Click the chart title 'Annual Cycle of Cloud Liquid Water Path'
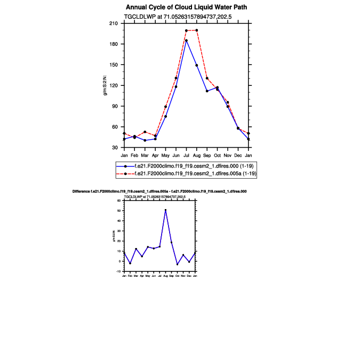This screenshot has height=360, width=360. click(187, 7)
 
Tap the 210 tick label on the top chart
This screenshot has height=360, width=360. click(113, 23)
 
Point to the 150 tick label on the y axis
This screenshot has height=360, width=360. click(113, 65)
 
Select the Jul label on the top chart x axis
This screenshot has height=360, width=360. click(186, 155)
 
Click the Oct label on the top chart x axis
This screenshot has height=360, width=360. click(217, 155)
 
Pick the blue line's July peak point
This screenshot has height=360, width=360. click(186, 41)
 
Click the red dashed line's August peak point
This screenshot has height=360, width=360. click(197, 30)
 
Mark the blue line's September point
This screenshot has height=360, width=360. click(207, 91)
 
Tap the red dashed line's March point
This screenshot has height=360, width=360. click(145, 132)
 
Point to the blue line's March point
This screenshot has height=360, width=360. click(145, 140)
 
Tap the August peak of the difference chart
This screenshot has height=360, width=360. click(165, 210)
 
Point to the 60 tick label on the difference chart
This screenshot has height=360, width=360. click(119, 201)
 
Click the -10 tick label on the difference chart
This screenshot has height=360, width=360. click(119, 271)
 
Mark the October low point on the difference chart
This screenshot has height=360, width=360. click(177, 264)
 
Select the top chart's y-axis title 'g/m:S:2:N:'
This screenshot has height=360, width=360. click(106, 85)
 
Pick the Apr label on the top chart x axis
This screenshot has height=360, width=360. click(155, 155)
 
